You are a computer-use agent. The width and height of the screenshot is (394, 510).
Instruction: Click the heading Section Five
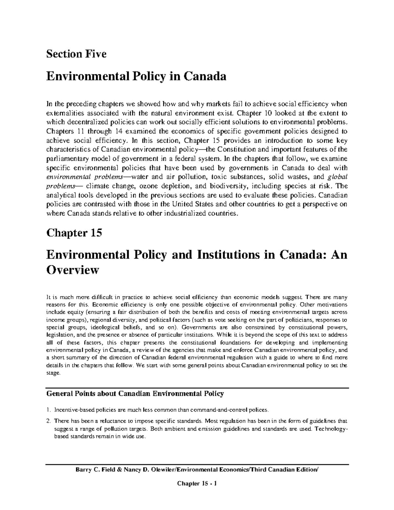77,54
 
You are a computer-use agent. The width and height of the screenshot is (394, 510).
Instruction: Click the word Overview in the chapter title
73,270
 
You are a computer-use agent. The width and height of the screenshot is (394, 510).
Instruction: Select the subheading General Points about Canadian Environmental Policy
135,393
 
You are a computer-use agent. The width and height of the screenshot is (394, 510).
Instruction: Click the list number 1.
49,410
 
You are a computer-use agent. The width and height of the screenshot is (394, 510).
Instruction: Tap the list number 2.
49,421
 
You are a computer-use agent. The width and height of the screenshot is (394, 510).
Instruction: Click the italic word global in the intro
338,177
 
